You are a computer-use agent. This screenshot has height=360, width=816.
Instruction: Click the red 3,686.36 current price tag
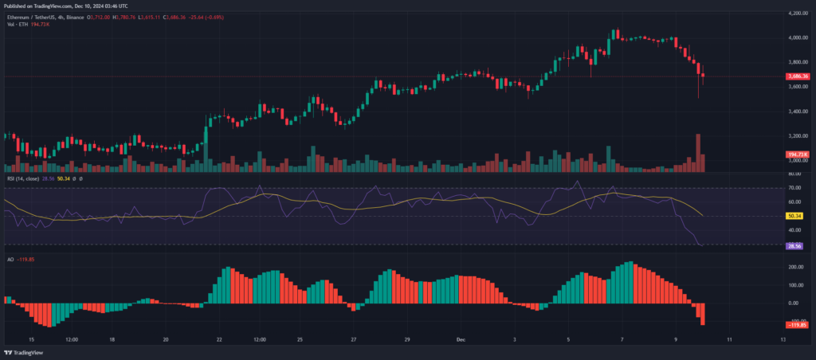pos(798,76)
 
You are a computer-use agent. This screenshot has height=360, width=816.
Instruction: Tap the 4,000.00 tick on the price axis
pos(797,37)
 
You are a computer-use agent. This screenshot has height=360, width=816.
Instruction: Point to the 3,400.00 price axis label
pos(797,112)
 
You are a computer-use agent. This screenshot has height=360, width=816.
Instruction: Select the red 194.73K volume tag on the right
pos(798,154)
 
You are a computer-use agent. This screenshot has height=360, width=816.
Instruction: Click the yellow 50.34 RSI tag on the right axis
pos(794,215)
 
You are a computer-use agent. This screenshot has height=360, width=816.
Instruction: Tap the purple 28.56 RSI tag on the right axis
pos(794,247)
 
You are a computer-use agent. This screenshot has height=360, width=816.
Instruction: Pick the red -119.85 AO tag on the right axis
pos(797,325)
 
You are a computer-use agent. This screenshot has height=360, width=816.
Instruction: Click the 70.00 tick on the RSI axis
pos(794,188)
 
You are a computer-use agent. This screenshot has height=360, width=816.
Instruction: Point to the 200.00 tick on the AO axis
pos(795,267)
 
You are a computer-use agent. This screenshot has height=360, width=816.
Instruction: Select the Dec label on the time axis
pos(460,338)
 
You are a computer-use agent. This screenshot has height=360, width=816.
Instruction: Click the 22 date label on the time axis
pos(218,338)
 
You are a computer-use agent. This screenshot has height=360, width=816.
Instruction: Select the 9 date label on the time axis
pos(676,338)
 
